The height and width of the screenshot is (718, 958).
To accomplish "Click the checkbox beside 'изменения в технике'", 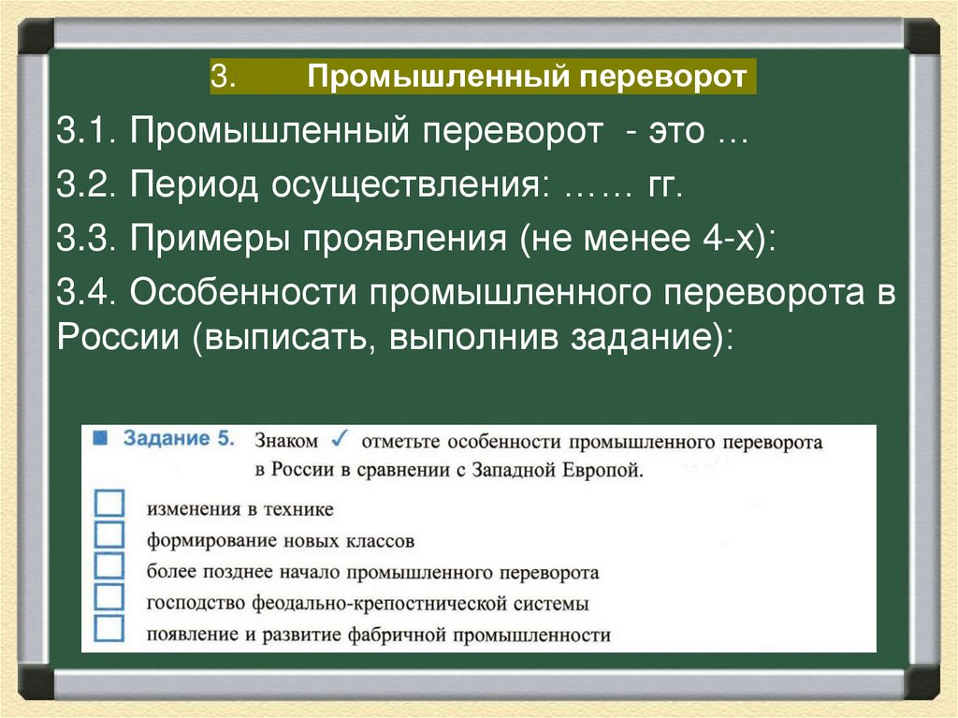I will click(109, 505).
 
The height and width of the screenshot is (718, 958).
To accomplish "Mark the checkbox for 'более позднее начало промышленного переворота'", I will click(109, 566).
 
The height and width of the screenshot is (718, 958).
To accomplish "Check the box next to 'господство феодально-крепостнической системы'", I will click(109, 597).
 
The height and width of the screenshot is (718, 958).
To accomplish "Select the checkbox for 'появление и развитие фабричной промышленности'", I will click(109, 628).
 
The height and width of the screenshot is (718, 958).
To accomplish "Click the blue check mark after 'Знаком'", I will click(341, 438).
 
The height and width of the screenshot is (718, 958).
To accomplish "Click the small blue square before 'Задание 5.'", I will click(101, 438).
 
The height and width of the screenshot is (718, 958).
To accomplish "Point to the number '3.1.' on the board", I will click(88, 132).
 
